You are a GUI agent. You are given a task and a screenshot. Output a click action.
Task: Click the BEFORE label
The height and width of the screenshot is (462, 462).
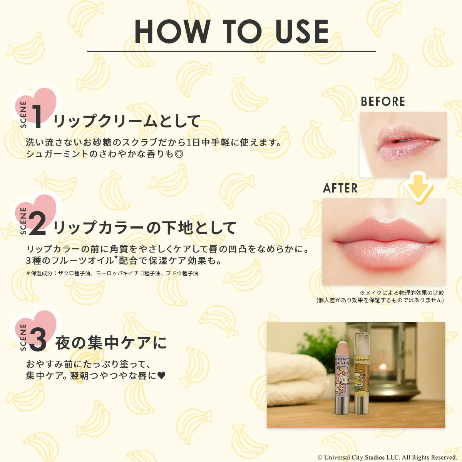click(x=383, y=102)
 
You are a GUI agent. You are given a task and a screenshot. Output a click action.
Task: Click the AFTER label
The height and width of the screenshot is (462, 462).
click(x=340, y=188)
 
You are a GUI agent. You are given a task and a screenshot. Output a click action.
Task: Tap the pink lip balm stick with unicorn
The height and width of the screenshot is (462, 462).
click(x=341, y=377)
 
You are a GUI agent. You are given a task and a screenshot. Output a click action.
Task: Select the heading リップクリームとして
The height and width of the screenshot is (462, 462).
click(x=127, y=121)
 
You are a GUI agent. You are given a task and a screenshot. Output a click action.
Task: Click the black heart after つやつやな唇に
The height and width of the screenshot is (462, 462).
click(x=161, y=375)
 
